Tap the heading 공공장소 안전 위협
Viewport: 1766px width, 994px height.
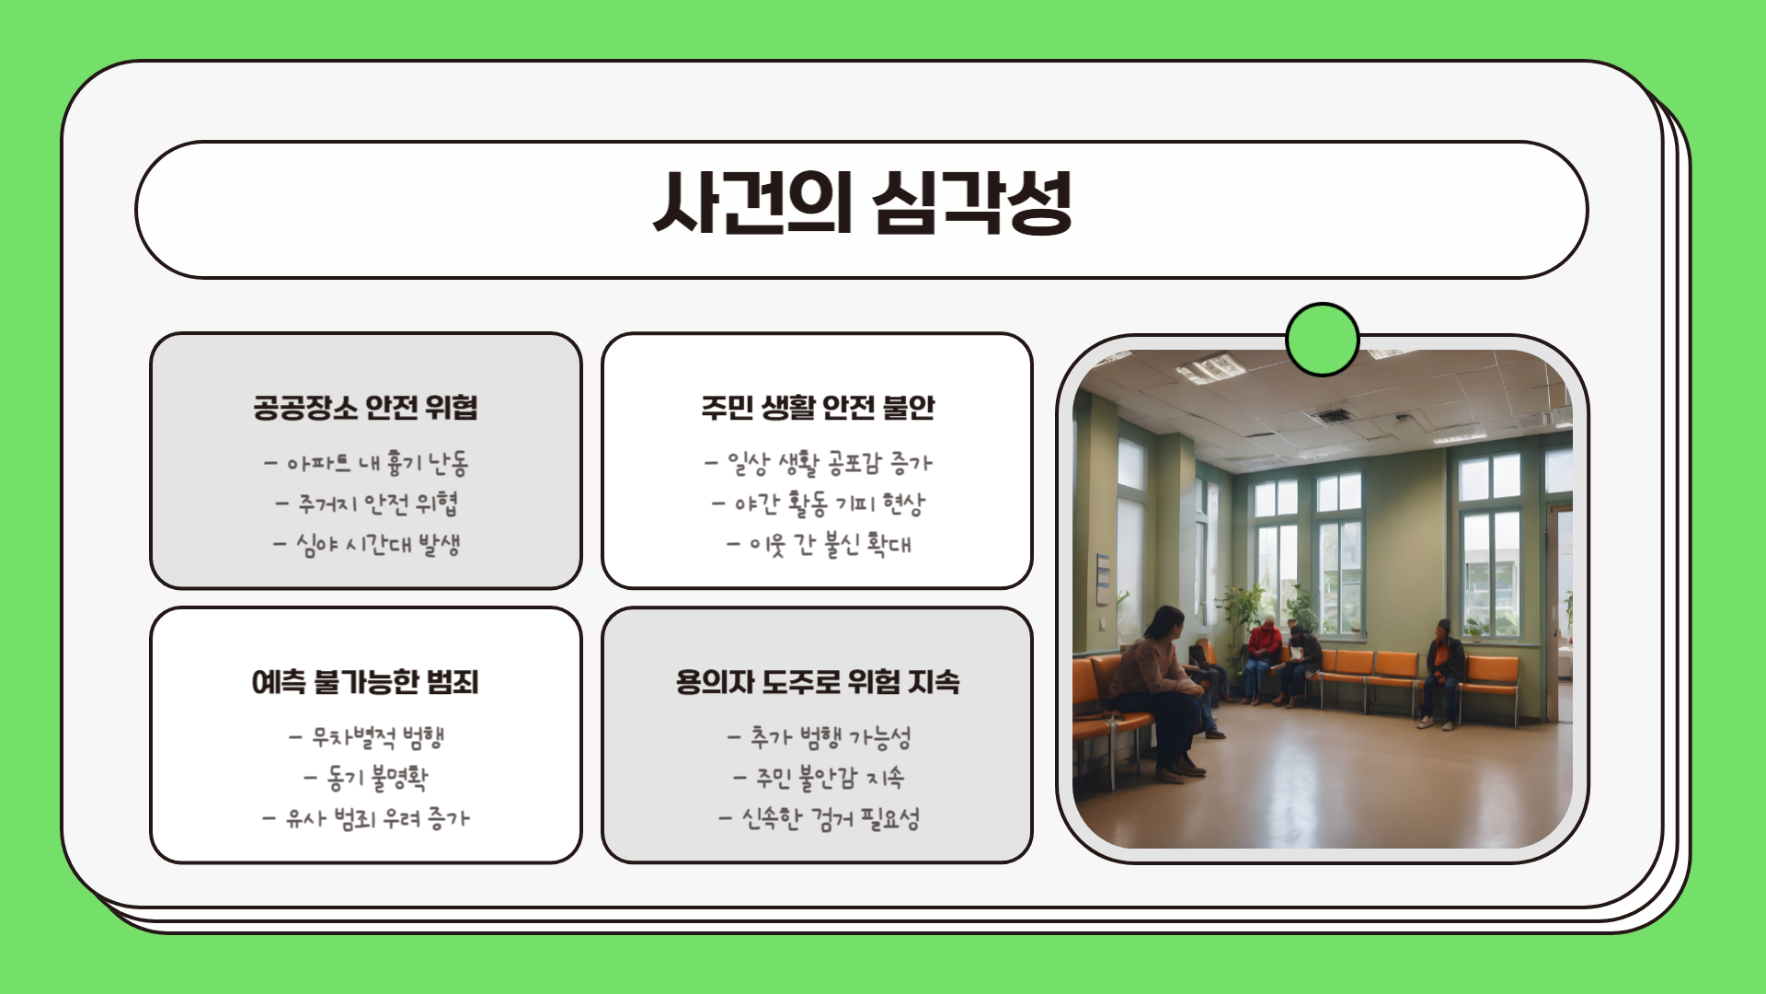[365, 407]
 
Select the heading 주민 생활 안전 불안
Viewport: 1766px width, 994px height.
[818, 407]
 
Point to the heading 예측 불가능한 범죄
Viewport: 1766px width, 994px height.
[365, 682]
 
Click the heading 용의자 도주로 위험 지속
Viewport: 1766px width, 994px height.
[818, 682]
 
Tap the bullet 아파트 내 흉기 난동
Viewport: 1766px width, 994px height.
[366, 462]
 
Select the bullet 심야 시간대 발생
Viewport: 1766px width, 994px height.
[366, 544]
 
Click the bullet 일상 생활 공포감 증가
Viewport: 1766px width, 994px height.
[818, 462]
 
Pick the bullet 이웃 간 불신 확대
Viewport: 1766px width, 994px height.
[818, 544]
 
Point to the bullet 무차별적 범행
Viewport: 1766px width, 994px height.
[366, 736]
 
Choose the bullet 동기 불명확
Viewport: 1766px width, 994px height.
[366, 778]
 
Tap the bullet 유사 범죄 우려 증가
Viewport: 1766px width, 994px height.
[366, 818]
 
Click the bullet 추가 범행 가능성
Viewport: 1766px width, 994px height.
[818, 736]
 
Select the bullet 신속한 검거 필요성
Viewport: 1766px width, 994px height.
[818, 818]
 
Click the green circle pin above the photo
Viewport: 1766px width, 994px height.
[1322, 340]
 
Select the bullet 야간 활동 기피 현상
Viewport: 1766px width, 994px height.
[818, 503]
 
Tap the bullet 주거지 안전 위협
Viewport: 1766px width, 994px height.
[366, 503]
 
